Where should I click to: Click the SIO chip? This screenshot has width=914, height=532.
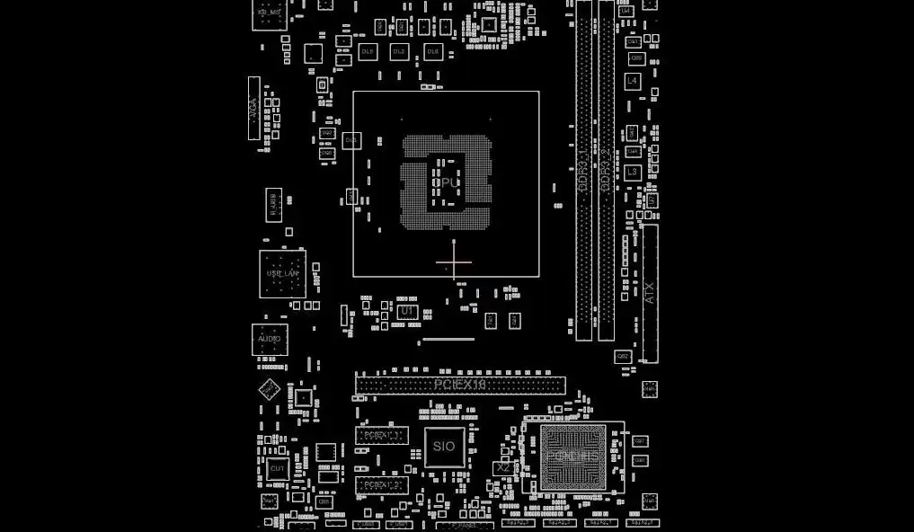click(x=444, y=447)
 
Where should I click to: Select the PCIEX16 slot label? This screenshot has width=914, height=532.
click(x=460, y=385)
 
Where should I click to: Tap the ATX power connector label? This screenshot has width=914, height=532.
click(x=650, y=293)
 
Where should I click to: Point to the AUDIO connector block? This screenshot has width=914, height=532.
click(x=270, y=340)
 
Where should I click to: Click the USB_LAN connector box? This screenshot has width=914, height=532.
click(x=282, y=273)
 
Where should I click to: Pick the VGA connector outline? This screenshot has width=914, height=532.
click(x=253, y=108)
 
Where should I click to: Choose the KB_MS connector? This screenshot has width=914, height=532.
click(x=270, y=13)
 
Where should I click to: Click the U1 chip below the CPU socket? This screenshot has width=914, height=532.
click(x=407, y=311)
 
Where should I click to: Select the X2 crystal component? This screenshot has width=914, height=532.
click(x=503, y=468)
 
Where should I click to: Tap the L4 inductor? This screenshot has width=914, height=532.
click(x=633, y=81)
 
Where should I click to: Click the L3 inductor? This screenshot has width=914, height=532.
click(x=633, y=172)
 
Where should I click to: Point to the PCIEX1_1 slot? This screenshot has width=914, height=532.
click(x=381, y=435)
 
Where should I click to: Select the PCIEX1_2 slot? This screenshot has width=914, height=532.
click(x=381, y=485)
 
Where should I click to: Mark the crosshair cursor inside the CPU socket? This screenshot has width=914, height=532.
click(x=454, y=263)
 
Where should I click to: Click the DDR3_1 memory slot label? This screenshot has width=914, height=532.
click(x=583, y=171)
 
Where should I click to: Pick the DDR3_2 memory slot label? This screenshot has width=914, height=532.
click(x=607, y=171)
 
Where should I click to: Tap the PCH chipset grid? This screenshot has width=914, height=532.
click(x=572, y=457)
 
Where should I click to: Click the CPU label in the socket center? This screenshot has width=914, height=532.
click(x=447, y=182)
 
